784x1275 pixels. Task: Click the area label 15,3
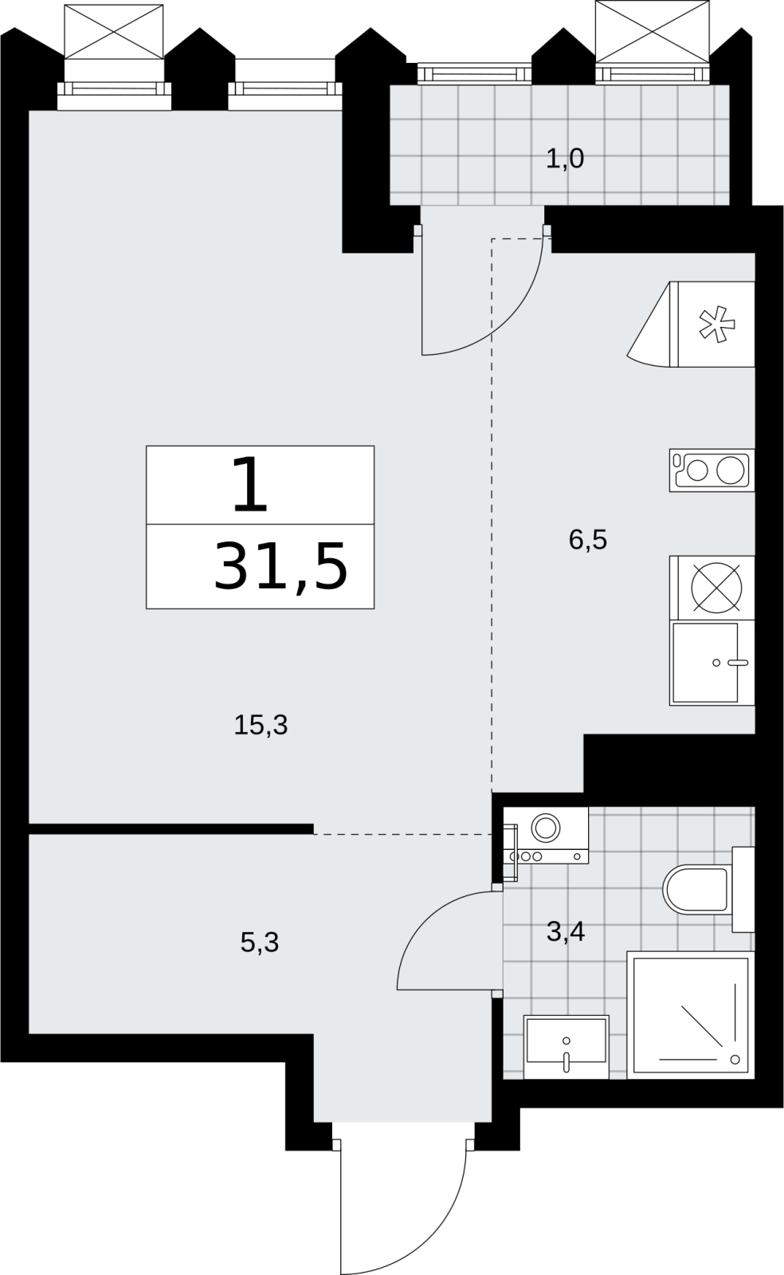point(261,726)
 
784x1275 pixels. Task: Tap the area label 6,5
point(588,540)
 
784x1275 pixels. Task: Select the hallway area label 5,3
point(260,942)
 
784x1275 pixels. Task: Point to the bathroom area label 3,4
point(566,932)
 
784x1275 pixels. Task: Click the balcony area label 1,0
point(565,159)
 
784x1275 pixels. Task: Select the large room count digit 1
point(251,485)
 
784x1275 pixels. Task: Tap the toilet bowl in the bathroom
point(696,888)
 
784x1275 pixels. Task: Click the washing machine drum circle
point(545,828)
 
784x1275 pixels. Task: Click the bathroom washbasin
point(566,1047)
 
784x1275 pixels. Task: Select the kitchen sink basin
point(705,663)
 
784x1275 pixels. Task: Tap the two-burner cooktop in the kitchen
point(711,470)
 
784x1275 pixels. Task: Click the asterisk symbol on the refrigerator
point(717,324)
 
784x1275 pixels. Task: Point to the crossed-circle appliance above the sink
point(716,588)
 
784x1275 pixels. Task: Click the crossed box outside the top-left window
point(114,31)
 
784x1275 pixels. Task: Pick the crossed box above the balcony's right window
point(653,31)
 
